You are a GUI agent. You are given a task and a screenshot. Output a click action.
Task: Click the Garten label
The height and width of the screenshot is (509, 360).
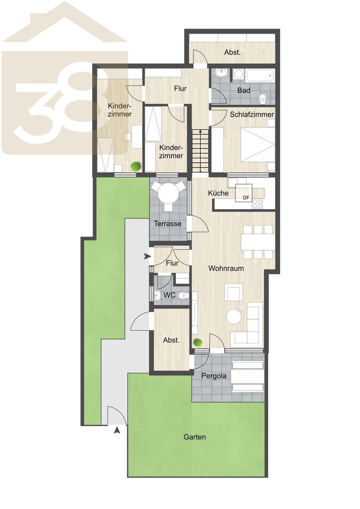click(194, 437)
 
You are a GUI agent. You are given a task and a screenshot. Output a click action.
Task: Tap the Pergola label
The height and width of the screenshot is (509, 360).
click(214, 376)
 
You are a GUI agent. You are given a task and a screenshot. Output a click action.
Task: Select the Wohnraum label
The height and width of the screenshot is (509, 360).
click(226, 268)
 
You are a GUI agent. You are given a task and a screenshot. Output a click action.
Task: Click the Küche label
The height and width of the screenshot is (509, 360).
click(218, 193)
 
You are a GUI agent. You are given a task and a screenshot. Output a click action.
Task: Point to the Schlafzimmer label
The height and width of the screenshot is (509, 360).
click(252, 114)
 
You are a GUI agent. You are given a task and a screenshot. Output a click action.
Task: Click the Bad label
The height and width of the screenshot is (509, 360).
click(244, 90)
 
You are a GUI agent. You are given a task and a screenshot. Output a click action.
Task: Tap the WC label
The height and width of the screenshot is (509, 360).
click(170, 295)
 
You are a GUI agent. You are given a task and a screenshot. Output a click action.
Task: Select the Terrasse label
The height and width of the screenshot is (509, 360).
click(167, 224)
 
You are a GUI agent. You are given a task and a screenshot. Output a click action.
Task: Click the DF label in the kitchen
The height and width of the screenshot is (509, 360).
click(246, 198)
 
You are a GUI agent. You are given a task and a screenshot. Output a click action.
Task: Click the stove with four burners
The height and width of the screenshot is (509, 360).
click(257, 204)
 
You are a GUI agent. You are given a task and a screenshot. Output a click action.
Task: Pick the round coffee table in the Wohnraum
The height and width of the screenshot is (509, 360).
click(234, 317)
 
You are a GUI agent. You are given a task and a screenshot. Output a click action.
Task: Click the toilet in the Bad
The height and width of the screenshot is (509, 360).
click(263, 99)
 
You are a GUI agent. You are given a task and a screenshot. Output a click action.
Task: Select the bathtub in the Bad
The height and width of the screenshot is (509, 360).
click(259, 76)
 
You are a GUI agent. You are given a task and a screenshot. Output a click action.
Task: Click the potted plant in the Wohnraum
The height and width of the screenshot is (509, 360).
click(197, 342)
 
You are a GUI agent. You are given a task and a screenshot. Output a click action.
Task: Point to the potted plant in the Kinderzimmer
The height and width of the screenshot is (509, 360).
click(136, 166)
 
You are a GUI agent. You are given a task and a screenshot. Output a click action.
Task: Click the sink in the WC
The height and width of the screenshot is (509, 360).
click(157, 295)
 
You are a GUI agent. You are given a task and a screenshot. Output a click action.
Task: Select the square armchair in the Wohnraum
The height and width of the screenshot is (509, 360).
click(234, 292)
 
